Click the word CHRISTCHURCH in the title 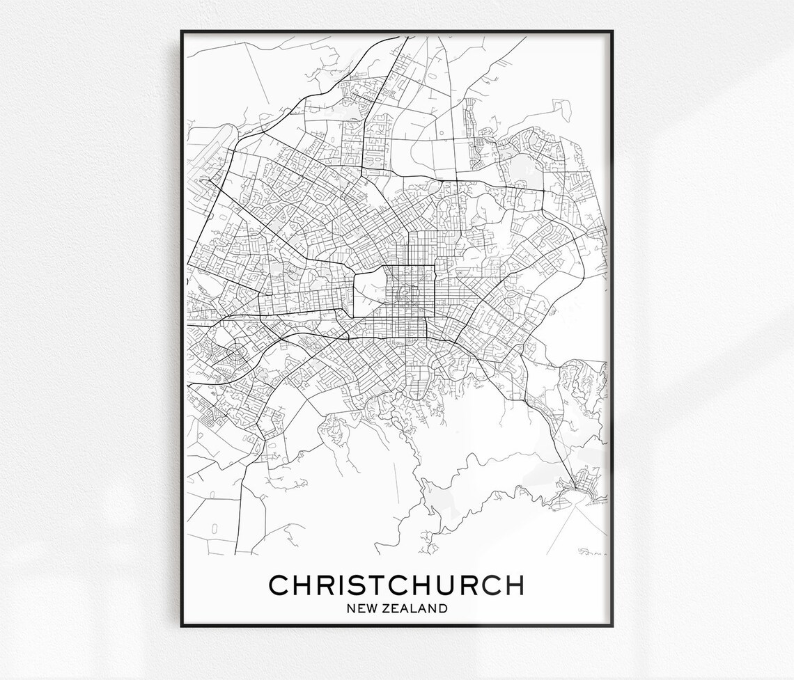(396, 585)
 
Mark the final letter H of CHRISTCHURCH (513, 585)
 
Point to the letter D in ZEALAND (442, 608)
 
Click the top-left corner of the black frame (182, 31)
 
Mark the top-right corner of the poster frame (612, 31)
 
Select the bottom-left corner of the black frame (182, 625)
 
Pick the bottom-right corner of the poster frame (612, 625)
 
